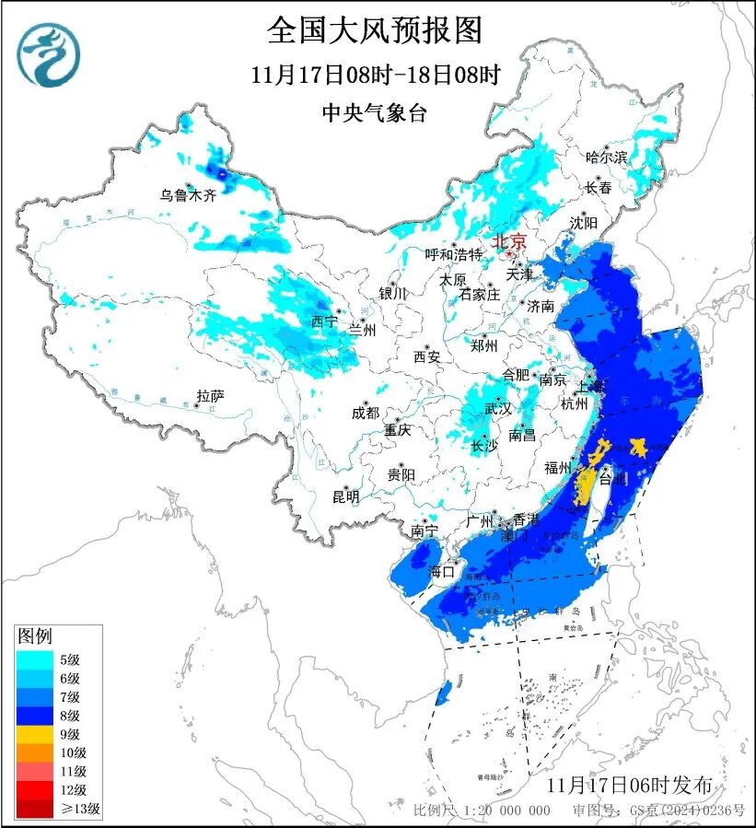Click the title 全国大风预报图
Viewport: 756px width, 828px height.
(x=375, y=30)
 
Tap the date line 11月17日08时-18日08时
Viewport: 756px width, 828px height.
(x=375, y=76)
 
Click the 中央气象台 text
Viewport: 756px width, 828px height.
(x=375, y=113)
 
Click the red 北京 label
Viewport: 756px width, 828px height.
(x=509, y=241)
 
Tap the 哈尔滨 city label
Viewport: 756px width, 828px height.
(x=606, y=157)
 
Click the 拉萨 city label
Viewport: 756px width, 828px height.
(x=210, y=397)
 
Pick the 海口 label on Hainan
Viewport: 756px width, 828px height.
(x=441, y=571)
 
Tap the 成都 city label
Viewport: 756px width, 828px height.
(x=365, y=414)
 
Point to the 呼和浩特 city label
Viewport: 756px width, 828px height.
(x=453, y=254)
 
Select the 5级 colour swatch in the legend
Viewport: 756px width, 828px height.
(x=39, y=659)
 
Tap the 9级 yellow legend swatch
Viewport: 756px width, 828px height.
(x=39, y=735)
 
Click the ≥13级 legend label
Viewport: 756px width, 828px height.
(x=82, y=810)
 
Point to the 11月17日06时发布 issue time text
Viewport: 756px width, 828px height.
(x=629, y=786)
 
